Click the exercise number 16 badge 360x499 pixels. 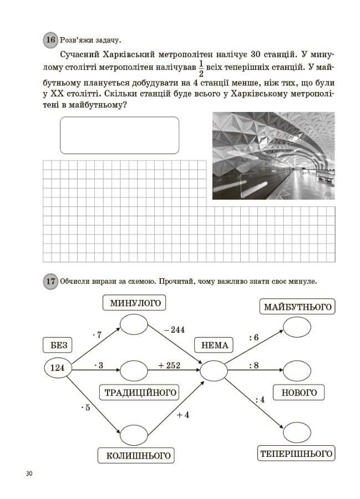(x=50, y=40)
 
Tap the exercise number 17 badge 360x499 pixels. (x=50, y=282)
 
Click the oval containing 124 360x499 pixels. (x=58, y=368)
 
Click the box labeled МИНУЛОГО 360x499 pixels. (x=135, y=303)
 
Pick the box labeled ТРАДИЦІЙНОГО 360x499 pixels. (x=141, y=393)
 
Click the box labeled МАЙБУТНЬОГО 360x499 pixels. (x=297, y=307)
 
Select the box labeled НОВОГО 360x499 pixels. (x=299, y=393)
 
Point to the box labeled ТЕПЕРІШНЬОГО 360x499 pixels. (x=297, y=454)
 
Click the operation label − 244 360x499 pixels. (x=174, y=330)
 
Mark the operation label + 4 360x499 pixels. (x=182, y=415)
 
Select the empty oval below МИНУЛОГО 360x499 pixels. (x=134, y=324)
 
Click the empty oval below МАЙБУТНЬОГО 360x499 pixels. (x=297, y=327)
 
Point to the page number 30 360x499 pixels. (x=29, y=473)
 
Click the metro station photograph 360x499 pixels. (x=273, y=156)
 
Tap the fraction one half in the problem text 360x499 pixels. (x=201, y=70)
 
